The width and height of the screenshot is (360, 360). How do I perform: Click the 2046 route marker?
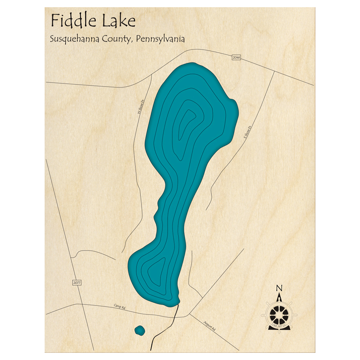pos(236,57)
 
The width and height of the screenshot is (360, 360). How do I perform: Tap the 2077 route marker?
pos(77,283)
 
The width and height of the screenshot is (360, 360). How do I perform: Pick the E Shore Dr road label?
pos(247,132)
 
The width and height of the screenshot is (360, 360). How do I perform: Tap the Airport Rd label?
pos(209,326)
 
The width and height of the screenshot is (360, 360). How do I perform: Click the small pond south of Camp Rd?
pos(140,330)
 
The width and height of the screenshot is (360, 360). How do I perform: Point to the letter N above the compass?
pos(279,288)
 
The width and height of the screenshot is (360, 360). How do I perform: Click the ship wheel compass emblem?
pos(279,314)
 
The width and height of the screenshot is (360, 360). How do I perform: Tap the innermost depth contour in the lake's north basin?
pos(188,122)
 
